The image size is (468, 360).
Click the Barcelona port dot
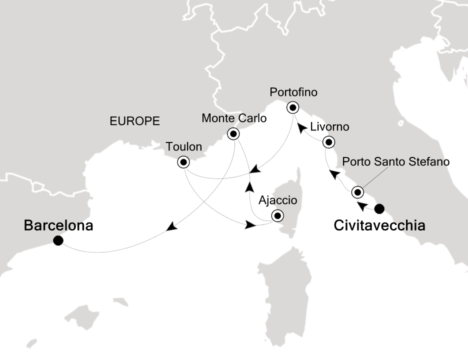click(58, 240)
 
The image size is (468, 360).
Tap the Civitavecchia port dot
click(379, 208)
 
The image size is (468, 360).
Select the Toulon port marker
click(183, 162)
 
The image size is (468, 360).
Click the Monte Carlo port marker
click(233, 134)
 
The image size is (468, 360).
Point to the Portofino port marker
click(292, 107)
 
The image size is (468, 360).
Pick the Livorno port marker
click(328, 142)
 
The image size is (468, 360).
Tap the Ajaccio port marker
click(276, 216)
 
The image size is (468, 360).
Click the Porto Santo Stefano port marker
click(357, 192)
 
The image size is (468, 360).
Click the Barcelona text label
click(58, 226)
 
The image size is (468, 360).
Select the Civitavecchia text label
click(379, 226)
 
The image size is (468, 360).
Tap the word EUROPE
click(135, 120)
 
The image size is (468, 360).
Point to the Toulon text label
click(184, 147)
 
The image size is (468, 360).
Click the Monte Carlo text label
click(233, 119)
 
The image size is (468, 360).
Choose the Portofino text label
click(293, 92)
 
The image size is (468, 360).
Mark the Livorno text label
click(329, 127)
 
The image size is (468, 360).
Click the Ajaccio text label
click(277, 201)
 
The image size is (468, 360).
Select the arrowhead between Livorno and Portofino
click(303, 128)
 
